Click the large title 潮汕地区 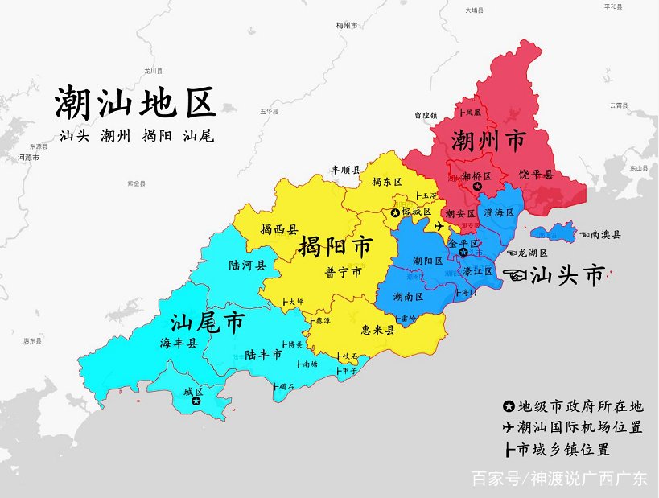point(135,103)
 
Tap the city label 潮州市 point(488,142)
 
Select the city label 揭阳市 point(335,245)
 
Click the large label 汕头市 point(568,276)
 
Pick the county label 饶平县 point(536,174)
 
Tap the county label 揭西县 point(278,229)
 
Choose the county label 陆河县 point(247,265)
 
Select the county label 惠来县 point(378,330)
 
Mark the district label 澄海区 point(500,212)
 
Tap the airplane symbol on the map point(439,226)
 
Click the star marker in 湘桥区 point(476,187)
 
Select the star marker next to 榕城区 point(395,212)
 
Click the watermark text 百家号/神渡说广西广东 point(558,479)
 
